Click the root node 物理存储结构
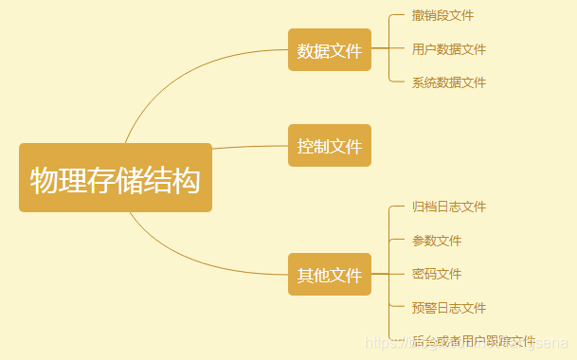116,178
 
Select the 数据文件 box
330,50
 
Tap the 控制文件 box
330,146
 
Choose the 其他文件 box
330,275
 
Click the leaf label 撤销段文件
442,16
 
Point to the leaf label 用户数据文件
448,49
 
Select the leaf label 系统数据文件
448,82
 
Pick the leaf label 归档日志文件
448,207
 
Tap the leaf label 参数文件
437,241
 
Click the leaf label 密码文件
437,274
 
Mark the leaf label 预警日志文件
448,308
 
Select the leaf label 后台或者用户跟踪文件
473,341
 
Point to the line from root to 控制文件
251,146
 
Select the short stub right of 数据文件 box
380,49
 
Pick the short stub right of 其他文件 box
380,275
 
